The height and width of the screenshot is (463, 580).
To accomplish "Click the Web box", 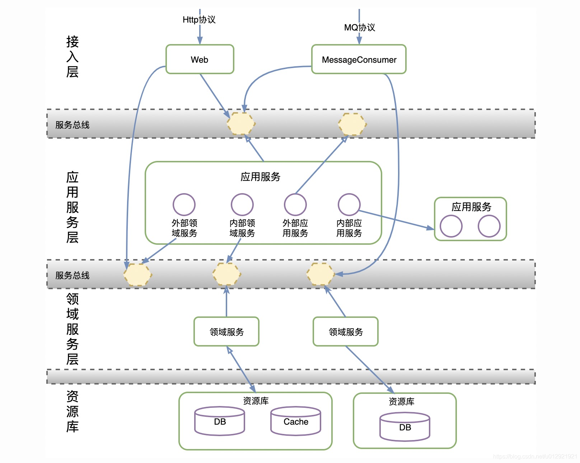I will pyautogui.click(x=200, y=59).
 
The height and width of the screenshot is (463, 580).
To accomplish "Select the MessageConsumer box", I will pyautogui.click(x=359, y=59).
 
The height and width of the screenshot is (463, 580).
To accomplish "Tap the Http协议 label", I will pyautogui.click(x=199, y=20).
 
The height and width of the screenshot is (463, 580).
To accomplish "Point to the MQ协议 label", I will pyautogui.click(x=359, y=28).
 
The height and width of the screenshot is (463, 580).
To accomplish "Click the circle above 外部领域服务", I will pyautogui.click(x=184, y=205).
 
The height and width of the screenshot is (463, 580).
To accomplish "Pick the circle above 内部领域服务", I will pyautogui.click(x=242, y=205).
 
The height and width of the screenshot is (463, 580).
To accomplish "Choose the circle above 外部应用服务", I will pyautogui.click(x=295, y=205).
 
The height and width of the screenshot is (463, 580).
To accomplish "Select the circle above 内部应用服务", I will pyautogui.click(x=349, y=205).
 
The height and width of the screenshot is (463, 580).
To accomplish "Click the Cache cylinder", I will pyautogui.click(x=296, y=421).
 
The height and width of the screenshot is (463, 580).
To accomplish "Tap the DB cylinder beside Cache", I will pyautogui.click(x=220, y=421).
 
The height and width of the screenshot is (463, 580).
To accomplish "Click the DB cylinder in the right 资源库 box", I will pyautogui.click(x=405, y=427).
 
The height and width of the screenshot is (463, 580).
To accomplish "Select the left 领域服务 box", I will pyautogui.click(x=226, y=332).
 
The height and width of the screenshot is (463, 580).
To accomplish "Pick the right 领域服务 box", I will pyautogui.click(x=346, y=332).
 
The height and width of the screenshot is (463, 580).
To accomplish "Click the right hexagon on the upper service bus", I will pyautogui.click(x=352, y=124).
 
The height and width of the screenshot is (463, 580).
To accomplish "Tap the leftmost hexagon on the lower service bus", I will pyautogui.click(x=137, y=275).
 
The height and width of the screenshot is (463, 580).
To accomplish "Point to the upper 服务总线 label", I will pyautogui.click(x=72, y=125).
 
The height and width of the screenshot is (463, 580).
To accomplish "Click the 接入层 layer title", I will pyautogui.click(x=72, y=57).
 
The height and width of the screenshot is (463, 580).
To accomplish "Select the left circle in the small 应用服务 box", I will pyautogui.click(x=451, y=226).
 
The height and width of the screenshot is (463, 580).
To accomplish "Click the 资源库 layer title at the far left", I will pyautogui.click(x=72, y=411).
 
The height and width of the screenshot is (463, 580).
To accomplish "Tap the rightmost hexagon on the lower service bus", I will pyautogui.click(x=321, y=274).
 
